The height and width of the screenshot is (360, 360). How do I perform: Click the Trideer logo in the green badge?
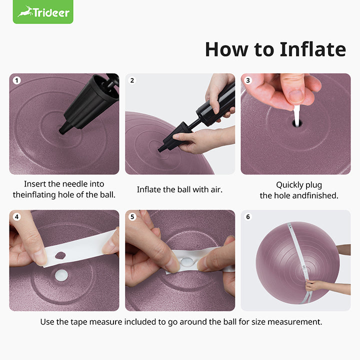[43, 11]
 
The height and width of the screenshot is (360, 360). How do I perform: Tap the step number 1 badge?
[17, 80]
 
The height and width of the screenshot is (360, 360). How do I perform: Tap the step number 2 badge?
[132, 80]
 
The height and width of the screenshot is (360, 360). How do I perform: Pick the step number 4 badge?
[17, 217]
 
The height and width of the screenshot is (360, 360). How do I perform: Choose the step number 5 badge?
[132, 217]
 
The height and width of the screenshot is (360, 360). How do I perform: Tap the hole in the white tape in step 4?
[59, 255]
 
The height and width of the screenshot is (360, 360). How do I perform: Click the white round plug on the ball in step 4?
[61, 274]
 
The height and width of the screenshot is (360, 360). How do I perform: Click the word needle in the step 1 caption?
[90, 184]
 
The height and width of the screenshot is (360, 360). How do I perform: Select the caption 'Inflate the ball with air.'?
[179, 189]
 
